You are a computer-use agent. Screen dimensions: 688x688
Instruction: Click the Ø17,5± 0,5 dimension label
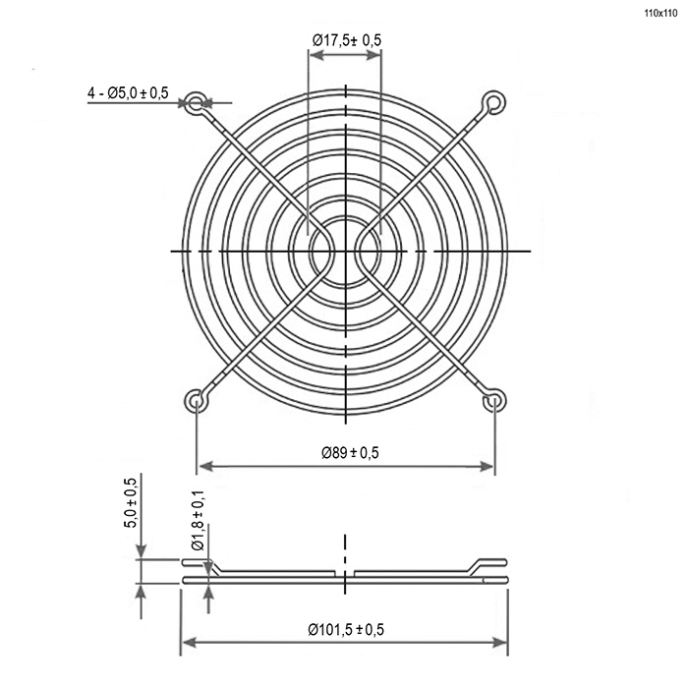click(x=347, y=40)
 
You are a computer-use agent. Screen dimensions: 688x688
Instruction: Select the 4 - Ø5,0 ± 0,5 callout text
click(x=128, y=92)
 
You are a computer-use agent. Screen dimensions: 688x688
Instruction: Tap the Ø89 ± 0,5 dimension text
click(x=350, y=452)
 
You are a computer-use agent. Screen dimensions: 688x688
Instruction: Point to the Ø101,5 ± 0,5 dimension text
click(x=346, y=630)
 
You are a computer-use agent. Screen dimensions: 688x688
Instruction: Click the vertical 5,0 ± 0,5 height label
click(x=132, y=502)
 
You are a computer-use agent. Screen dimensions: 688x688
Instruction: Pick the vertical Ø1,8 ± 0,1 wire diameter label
click(x=198, y=520)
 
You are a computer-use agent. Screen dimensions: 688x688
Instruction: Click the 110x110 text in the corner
click(x=660, y=13)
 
